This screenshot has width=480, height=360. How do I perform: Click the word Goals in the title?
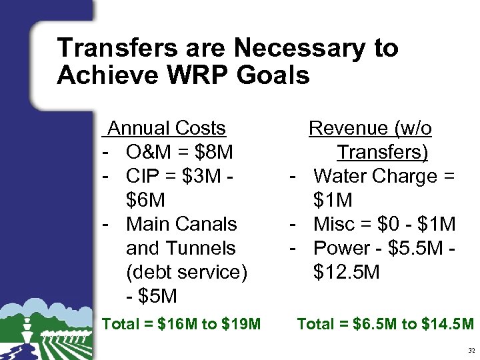[x=271, y=75]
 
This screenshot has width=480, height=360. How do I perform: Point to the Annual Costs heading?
[x=167, y=128]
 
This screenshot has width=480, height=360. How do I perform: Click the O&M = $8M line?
[x=179, y=153]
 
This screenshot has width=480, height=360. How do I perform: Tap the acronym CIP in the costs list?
[x=143, y=176]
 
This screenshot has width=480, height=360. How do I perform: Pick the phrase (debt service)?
[x=186, y=272]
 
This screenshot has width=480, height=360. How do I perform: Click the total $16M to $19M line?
[x=181, y=325]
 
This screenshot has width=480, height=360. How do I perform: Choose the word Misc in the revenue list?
[x=333, y=224]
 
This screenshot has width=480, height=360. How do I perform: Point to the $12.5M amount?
[x=346, y=272]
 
